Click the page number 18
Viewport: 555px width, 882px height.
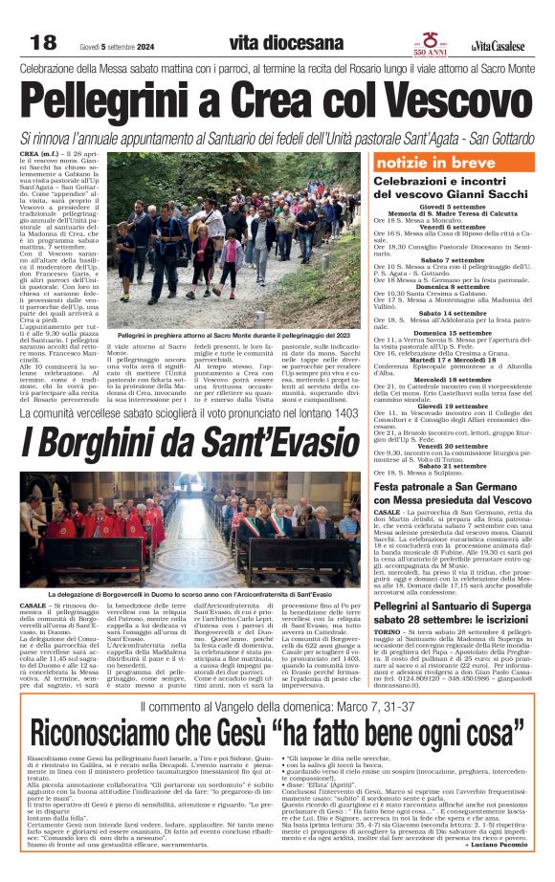point(43,43)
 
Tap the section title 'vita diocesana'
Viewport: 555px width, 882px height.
point(286,43)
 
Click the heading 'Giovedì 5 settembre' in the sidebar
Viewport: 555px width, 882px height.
point(456,205)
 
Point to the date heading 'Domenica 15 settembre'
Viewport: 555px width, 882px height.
point(456,331)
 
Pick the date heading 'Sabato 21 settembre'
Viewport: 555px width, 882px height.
point(456,464)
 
